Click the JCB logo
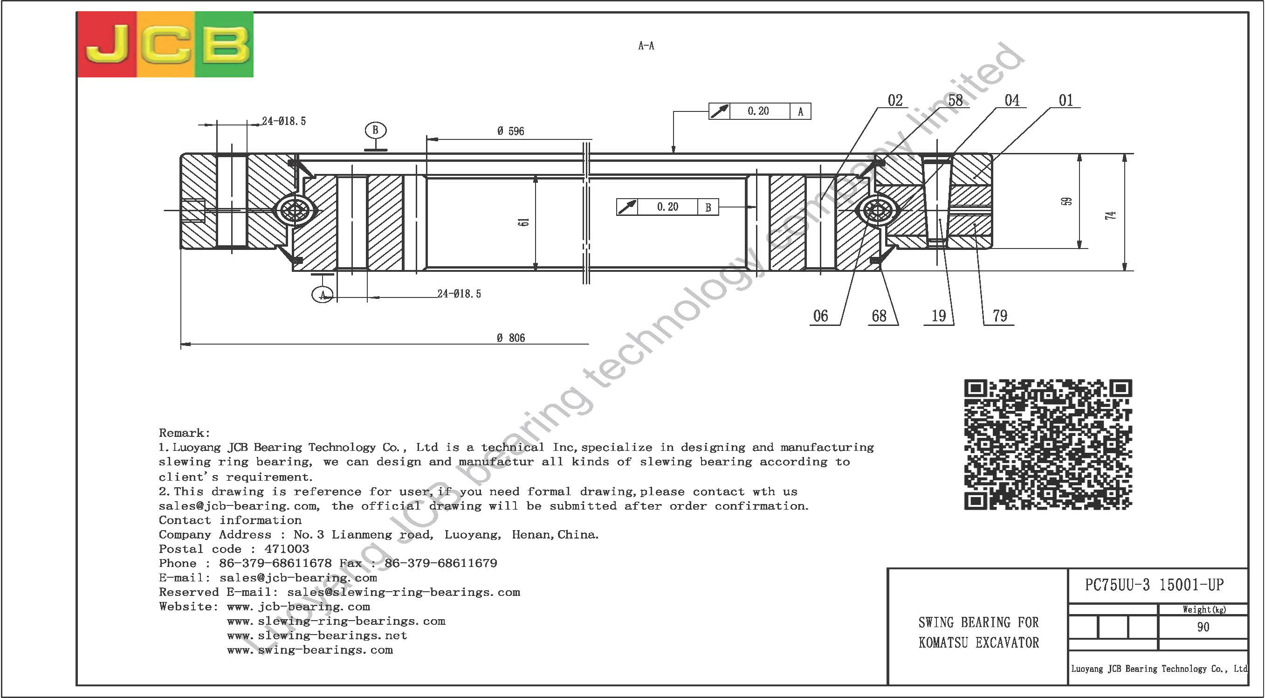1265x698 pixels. pyautogui.click(x=165, y=44)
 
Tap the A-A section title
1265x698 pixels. pyautogui.click(x=646, y=46)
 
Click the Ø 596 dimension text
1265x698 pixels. pyautogui.click(x=510, y=131)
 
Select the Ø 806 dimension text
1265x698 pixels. pyautogui.click(x=511, y=338)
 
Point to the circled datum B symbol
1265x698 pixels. pyautogui.click(x=376, y=130)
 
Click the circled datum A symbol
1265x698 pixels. pyautogui.click(x=323, y=295)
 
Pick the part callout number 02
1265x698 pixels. pyautogui.click(x=895, y=101)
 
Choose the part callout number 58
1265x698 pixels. pyautogui.click(x=955, y=101)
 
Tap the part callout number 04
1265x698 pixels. pyautogui.click(x=1011, y=101)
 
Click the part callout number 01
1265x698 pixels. pyautogui.click(x=1066, y=101)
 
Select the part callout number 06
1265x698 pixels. pyautogui.click(x=821, y=316)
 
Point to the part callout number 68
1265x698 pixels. pyautogui.click(x=879, y=316)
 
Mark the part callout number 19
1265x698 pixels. pyautogui.click(x=938, y=316)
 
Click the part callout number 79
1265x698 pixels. pyautogui.click(x=1000, y=316)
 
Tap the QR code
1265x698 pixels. pyautogui.click(x=1048, y=444)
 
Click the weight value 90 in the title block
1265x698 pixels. pyautogui.click(x=1203, y=627)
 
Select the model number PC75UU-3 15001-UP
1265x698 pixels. pyautogui.click(x=1154, y=585)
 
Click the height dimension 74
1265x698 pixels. pyautogui.click(x=1111, y=215)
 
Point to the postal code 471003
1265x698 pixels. pyautogui.click(x=287, y=549)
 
